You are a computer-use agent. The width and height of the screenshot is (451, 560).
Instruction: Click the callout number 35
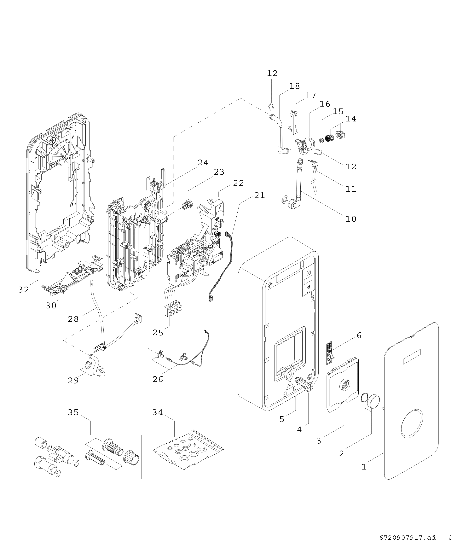pyautogui.click(x=73, y=412)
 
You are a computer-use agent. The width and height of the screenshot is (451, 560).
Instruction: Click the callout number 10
pyautogui.click(x=351, y=219)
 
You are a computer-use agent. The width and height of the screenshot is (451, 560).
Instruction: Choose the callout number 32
pyautogui.click(x=24, y=290)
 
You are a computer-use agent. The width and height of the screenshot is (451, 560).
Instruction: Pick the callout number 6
pyautogui.click(x=359, y=335)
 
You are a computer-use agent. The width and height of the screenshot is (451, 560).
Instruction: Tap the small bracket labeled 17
pyautogui.click(x=294, y=122)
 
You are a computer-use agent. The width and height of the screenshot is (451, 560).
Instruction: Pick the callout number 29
pyautogui.click(x=73, y=380)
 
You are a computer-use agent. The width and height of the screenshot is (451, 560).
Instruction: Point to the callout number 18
pyautogui.click(x=295, y=86)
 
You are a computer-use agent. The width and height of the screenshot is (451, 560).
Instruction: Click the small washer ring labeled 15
pyautogui.click(x=322, y=140)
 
